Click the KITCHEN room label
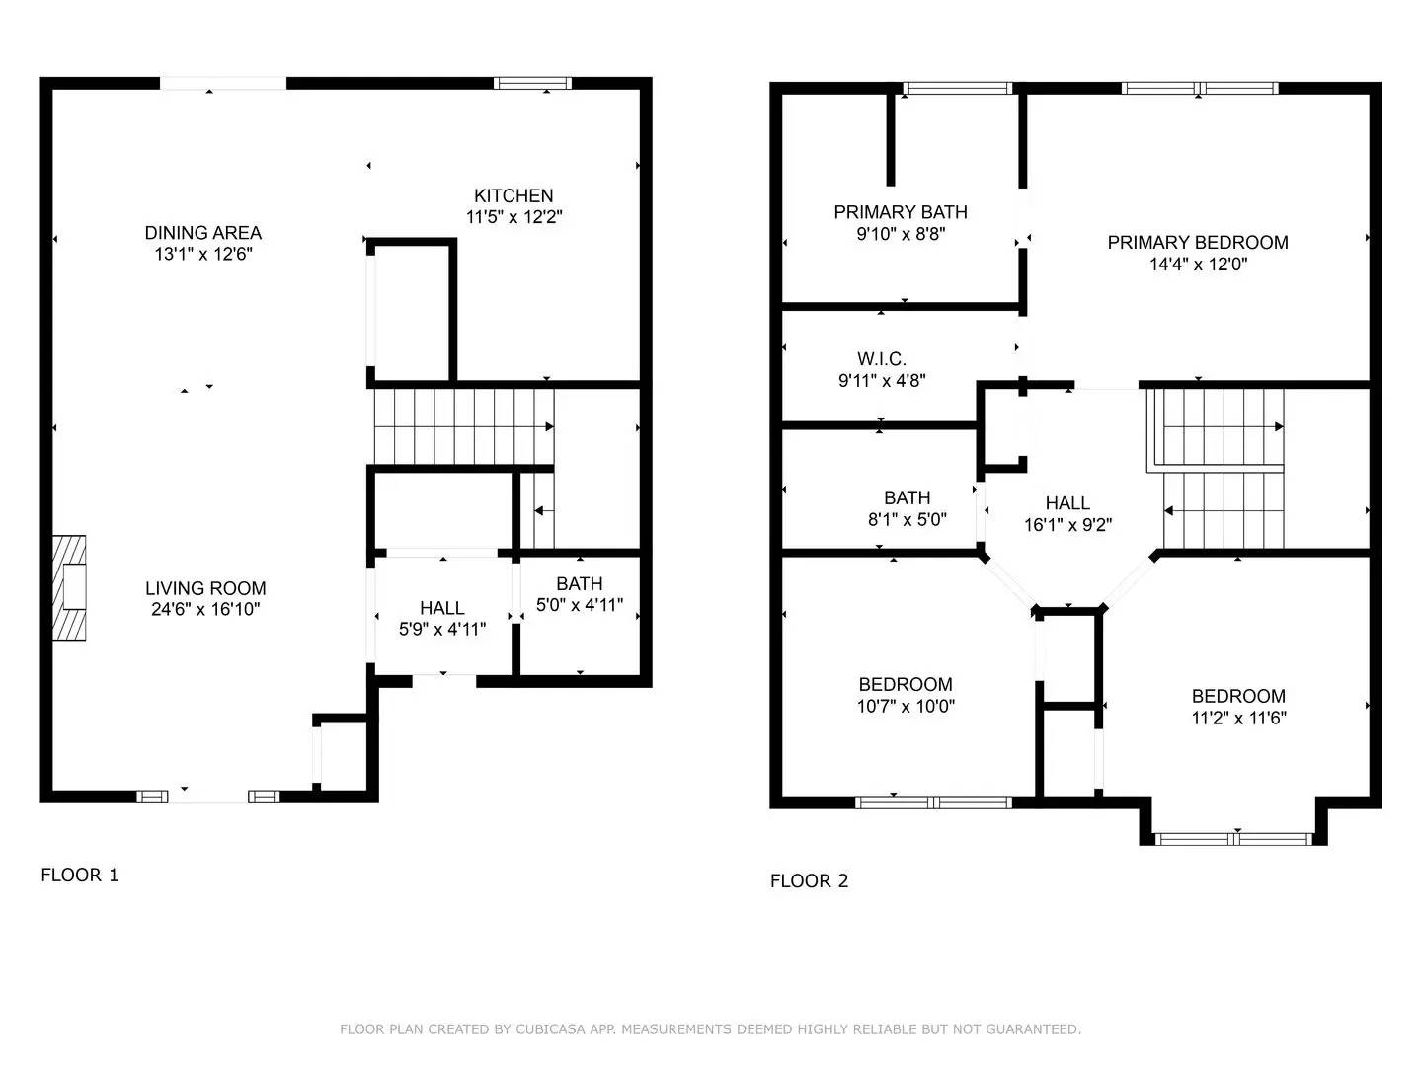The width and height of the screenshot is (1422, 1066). [x=513, y=195]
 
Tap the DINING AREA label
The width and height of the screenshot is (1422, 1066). [x=203, y=233]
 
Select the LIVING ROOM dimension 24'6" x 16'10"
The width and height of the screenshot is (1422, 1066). [x=205, y=610]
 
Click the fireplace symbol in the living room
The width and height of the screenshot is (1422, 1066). [x=69, y=588]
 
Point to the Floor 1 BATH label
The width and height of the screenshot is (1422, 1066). [x=579, y=583]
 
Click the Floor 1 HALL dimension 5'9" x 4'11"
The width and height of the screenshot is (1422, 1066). [x=442, y=629]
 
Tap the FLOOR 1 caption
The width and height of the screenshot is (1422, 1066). [x=79, y=875]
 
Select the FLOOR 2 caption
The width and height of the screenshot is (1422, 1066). [x=809, y=881]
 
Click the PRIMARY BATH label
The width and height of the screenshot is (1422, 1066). [x=901, y=212]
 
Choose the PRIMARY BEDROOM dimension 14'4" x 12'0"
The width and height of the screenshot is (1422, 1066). [x=1198, y=265]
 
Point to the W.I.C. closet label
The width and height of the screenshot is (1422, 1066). [x=881, y=359]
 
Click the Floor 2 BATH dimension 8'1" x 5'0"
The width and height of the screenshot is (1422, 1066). [x=907, y=519]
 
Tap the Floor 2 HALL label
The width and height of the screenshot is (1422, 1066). [x=1067, y=503]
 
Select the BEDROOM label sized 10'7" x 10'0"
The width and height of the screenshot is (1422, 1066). [x=906, y=684]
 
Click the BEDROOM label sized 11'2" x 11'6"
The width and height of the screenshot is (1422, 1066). [x=1238, y=696]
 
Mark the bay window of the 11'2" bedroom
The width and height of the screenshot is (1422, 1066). [x=1233, y=839]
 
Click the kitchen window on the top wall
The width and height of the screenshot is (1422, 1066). [x=532, y=84]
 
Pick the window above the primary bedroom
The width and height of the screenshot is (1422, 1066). [x=1200, y=89]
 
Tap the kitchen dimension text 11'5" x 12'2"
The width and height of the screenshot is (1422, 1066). [x=513, y=217]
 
